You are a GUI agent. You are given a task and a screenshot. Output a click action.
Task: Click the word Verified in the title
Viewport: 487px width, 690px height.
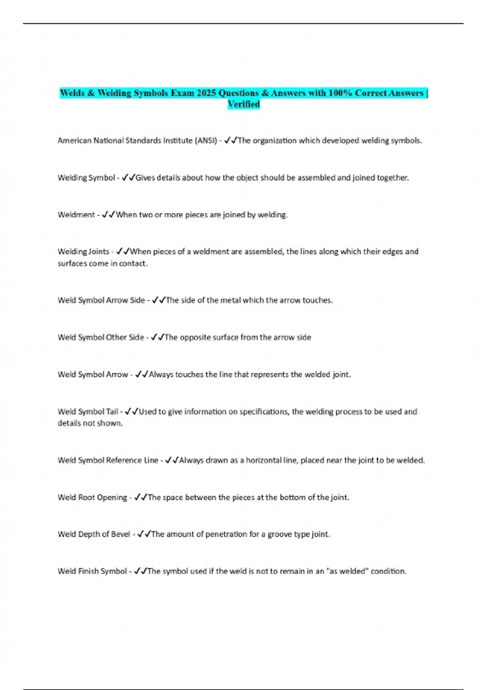click(243, 104)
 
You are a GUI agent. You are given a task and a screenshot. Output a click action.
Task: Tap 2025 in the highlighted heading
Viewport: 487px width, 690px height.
click(207, 93)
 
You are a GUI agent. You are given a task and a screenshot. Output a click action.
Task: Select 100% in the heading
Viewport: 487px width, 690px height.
click(340, 93)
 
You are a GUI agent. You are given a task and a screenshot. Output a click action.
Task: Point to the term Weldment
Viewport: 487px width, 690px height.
click(76, 215)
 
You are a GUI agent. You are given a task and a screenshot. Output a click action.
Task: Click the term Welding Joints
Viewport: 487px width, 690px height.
click(83, 252)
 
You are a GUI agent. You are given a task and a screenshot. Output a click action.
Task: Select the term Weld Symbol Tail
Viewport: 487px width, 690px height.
click(88, 412)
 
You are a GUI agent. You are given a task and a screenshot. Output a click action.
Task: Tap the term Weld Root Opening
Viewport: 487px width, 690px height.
click(92, 497)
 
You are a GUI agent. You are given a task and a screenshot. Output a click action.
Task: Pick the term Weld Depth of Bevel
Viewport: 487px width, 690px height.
click(94, 534)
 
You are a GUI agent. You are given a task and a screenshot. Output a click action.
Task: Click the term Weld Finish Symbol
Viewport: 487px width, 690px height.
click(92, 571)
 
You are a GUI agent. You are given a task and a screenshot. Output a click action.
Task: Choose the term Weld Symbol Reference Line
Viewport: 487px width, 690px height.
click(108, 460)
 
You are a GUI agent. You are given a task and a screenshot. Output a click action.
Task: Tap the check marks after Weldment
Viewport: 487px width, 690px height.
click(108, 215)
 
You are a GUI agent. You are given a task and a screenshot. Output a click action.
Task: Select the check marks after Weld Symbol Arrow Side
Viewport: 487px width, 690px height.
click(158, 300)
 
